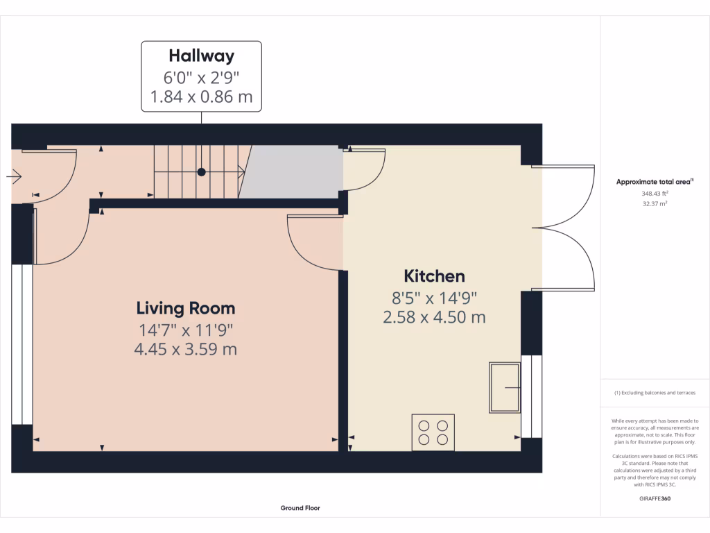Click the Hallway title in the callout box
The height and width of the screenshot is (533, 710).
click(201, 56)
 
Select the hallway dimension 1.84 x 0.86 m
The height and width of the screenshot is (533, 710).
click(201, 96)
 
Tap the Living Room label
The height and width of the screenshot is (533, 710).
click(185, 307)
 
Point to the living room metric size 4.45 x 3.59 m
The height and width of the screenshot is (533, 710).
click(185, 348)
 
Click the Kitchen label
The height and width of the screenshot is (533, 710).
click(434, 276)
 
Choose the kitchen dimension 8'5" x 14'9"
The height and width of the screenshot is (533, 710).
click(434, 297)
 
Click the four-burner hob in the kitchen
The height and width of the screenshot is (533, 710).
click(433, 432)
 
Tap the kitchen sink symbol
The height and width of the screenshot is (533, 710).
click(504, 387)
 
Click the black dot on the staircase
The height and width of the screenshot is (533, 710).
click(201, 171)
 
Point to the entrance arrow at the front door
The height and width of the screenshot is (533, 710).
click(14, 178)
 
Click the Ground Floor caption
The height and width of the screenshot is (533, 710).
click(300, 508)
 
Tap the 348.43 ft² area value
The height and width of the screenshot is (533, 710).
click(655, 194)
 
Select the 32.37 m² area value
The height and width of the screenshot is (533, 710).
click(655, 204)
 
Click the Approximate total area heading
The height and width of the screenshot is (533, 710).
click(654, 182)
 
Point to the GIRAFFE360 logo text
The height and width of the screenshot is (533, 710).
click(655, 498)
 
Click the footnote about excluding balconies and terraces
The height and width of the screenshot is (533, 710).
click(655, 393)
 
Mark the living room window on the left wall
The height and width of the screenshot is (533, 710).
click(22, 344)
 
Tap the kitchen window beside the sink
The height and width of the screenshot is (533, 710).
click(531, 396)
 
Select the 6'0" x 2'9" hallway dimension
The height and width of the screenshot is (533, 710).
click(201, 77)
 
